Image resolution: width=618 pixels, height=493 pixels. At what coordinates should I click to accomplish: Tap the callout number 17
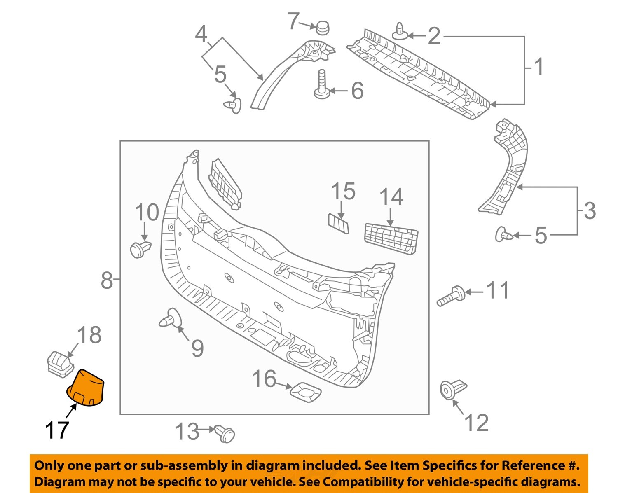pyautogui.click(x=57, y=430)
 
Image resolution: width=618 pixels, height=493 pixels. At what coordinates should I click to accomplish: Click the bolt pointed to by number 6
pyautogui.click(x=322, y=85)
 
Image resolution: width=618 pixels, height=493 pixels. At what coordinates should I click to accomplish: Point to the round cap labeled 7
pyautogui.click(x=323, y=28)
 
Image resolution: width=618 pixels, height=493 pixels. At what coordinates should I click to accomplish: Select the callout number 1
pyautogui.click(x=538, y=67)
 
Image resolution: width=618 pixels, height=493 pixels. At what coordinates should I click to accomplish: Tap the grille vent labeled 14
pyautogui.click(x=391, y=238)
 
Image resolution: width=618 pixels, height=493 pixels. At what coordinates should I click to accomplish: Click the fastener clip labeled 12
pyautogui.click(x=452, y=389)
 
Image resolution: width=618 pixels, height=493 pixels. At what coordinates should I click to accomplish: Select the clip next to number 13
pyautogui.click(x=225, y=433)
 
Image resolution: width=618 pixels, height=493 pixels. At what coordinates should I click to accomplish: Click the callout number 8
pyautogui.click(x=106, y=281)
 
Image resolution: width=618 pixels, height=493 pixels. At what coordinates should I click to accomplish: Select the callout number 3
pyautogui.click(x=590, y=211)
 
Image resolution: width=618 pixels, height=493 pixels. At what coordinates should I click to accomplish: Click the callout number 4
pyautogui.click(x=201, y=35)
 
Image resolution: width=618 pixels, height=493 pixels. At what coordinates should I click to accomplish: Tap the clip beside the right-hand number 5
pyautogui.click(x=504, y=235)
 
